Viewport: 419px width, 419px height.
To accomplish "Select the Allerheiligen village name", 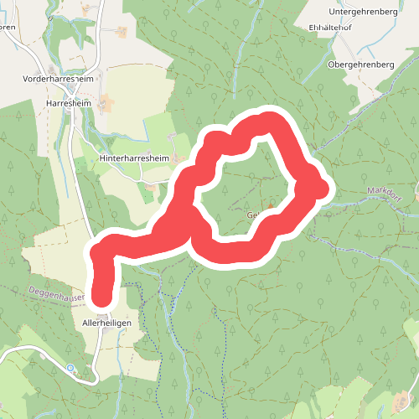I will coord(107,322).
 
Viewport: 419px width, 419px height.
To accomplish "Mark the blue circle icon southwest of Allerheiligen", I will coord(70,368).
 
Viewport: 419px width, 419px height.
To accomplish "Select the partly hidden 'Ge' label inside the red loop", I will coord(252,215).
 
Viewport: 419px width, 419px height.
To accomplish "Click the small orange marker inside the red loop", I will coord(271,206).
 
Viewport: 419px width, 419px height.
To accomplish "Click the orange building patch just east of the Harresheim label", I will coord(106,104).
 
